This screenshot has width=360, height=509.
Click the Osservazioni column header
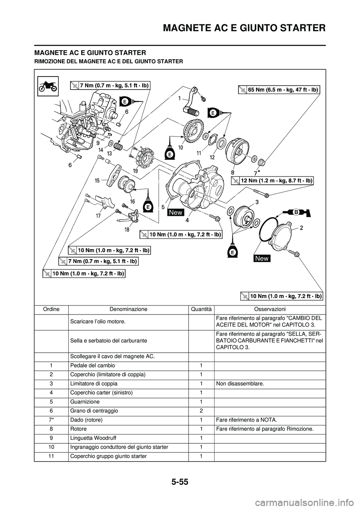click(270, 309)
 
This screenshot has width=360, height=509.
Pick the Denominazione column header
click(128, 309)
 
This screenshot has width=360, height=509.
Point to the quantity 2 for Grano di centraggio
click(201, 411)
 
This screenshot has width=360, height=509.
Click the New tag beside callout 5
click(175, 212)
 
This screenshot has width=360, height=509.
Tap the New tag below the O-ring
click(262, 258)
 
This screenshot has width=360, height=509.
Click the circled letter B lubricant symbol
click(295, 212)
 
